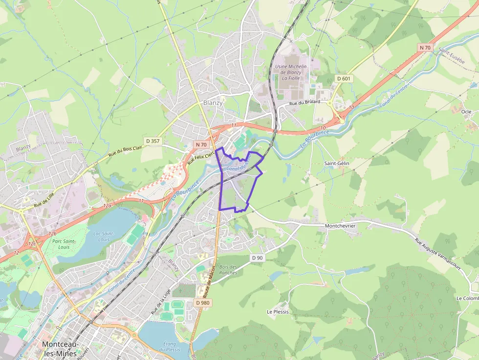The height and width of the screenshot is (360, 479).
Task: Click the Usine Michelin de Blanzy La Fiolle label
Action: (x=291, y=72)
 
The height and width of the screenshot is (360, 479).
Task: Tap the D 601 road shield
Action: (x=344, y=78)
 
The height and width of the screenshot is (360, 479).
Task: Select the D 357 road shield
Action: (x=152, y=141)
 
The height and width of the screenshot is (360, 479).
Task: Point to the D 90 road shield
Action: (x=257, y=257)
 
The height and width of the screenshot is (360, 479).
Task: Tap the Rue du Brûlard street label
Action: (x=305, y=103)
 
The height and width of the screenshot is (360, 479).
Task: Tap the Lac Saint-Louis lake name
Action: (x=103, y=236)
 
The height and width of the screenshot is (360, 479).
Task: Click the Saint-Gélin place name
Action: (x=337, y=163)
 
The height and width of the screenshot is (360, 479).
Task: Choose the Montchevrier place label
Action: (x=340, y=226)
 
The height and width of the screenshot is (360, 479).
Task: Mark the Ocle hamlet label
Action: (x=466, y=111)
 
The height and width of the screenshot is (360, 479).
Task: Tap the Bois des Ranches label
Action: (x=228, y=270)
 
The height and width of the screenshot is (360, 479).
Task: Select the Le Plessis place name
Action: (x=278, y=311)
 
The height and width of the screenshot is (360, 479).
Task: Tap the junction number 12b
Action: (x=51, y=234)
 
